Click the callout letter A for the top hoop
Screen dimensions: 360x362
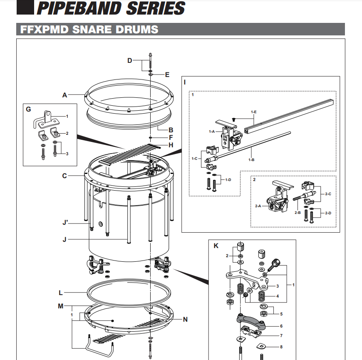coord(64,95)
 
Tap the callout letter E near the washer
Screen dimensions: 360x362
coord(167,75)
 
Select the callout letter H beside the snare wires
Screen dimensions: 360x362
coord(171,145)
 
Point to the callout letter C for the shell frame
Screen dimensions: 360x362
coord(64,176)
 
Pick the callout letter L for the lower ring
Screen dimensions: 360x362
coord(61,293)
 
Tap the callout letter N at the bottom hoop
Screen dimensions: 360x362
coord(186,320)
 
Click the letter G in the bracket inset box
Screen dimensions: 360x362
coord(28,109)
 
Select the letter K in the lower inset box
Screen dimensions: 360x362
coord(216,246)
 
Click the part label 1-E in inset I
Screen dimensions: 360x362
coord(254,112)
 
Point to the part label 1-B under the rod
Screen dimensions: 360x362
coord(251,159)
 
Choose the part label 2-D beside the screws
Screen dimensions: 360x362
coord(328,213)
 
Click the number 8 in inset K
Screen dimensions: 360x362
coord(280,346)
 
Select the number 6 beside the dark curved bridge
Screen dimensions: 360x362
coord(281,326)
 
